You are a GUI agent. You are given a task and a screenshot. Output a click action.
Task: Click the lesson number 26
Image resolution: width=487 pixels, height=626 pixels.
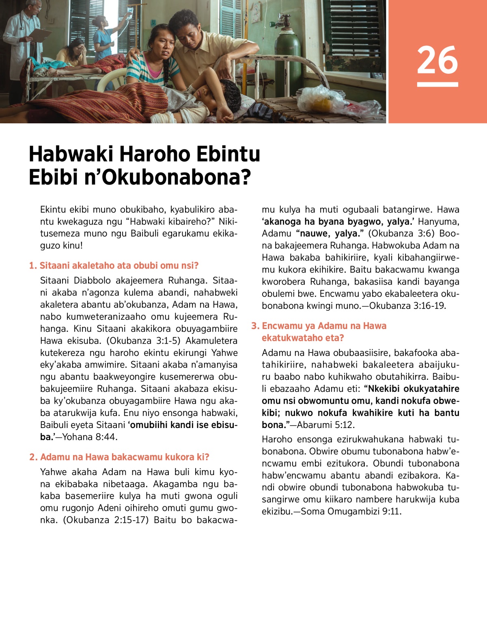437,60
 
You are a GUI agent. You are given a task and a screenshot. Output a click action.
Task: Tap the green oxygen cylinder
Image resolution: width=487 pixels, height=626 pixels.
288,61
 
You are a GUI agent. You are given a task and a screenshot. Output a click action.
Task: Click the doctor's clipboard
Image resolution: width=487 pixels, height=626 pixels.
40,34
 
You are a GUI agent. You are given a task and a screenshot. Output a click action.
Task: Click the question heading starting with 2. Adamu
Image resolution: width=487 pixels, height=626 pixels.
119,457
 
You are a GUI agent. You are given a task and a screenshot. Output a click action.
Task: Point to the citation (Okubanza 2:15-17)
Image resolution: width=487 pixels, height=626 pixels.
106,520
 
